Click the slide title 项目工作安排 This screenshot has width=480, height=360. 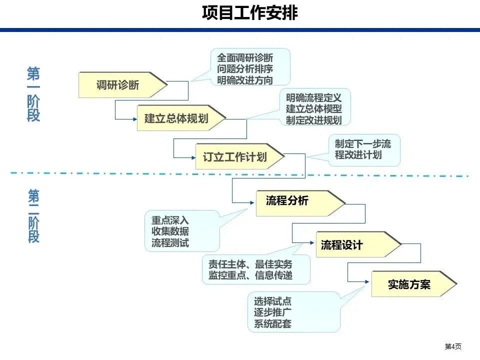click(x=249, y=13)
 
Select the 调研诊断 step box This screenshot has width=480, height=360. click(x=120, y=85)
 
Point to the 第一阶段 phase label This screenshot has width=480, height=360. click(x=34, y=95)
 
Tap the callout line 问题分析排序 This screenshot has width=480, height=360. click(x=245, y=69)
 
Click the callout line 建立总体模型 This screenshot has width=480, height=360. click(x=314, y=108)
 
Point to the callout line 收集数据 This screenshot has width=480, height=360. click(x=170, y=231)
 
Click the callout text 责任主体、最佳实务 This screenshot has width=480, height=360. click(x=250, y=264)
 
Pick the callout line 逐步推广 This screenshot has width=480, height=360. click(x=273, y=312)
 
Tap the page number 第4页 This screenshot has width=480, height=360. click(x=453, y=346)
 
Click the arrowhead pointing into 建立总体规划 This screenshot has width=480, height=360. click(x=134, y=118)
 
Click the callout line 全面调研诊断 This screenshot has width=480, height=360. click(x=245, y=58)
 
